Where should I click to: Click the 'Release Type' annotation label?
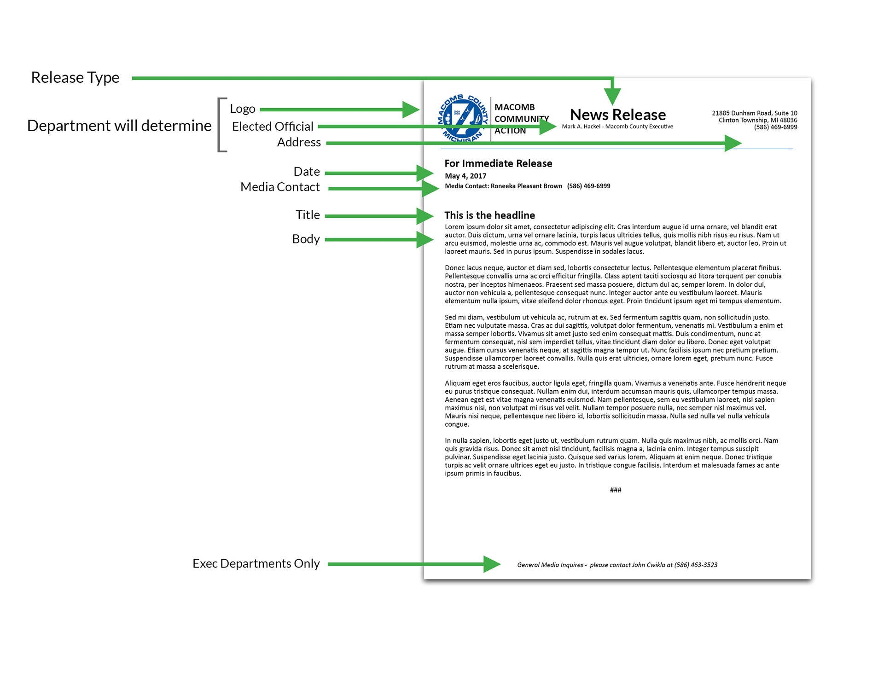tap(75, 78)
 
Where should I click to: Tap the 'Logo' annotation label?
tap(243, 109)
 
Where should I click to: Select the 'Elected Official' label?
tap(273, 127)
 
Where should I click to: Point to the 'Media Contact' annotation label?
tap(280, 187)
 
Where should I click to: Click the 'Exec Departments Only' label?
tap(256, 564)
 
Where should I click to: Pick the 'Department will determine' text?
tap(119, 126)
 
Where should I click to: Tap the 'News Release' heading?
tap(618, 115)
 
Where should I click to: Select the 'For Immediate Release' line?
tap(498, 163)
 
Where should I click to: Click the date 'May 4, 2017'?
tap(465, 176)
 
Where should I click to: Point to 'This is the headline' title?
tap(489, 215)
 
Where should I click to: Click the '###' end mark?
tap(616, 490)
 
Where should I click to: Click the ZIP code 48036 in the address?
tap(788, 120)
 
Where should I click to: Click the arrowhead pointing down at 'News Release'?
tap(612, 96)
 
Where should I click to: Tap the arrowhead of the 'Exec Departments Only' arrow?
tap(491, 564)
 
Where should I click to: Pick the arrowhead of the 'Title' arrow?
tap(424, 216)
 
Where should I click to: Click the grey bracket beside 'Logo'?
tap(221, 125)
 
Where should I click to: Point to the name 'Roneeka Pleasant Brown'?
tap(526, 186)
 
